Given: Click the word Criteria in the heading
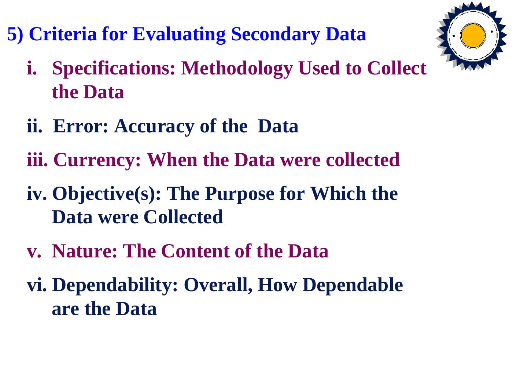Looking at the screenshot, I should [63, 34].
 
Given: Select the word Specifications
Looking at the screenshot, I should [114, 68].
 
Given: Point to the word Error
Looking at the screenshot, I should [81, 126].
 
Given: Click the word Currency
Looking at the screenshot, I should [97, 160].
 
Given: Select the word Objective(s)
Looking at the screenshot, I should [107, 194].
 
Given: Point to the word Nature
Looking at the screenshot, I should [85, 251].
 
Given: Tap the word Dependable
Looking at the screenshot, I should [353, 285].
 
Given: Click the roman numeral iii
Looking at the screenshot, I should [37, 160].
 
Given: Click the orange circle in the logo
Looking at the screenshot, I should [473, 36].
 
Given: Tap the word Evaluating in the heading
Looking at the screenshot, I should [179, 34].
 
